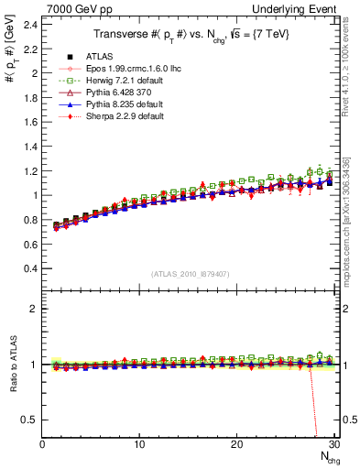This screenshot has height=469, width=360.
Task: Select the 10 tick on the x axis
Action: pos(139,444)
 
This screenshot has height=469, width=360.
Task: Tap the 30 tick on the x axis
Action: pos(333,444)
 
